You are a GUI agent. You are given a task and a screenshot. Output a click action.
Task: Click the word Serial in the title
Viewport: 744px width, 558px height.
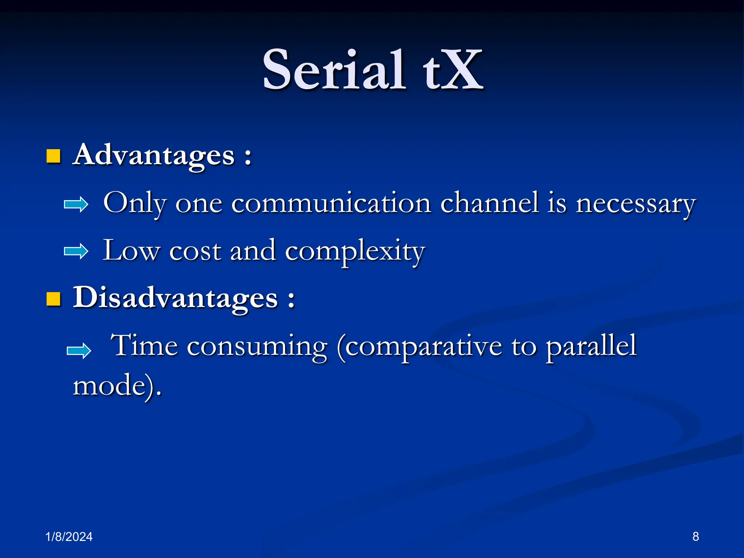coord(333,70)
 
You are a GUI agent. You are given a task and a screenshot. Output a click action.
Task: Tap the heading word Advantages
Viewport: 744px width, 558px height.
coord(154,155)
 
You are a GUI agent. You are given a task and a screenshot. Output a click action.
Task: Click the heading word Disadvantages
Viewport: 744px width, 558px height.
coord(175,298)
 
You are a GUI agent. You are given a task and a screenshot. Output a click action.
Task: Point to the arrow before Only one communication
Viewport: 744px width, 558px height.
coord(76,205)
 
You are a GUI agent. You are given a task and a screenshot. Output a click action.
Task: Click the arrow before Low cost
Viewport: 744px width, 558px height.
coord(76,251)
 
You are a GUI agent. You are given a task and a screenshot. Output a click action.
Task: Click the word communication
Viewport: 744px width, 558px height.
coord(331,203)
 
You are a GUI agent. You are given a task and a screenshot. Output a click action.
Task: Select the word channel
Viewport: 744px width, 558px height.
coord(489,203)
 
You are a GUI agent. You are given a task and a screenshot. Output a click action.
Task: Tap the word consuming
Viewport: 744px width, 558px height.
coord(257,346)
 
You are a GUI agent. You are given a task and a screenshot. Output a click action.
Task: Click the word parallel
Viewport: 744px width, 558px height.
coord(591,346)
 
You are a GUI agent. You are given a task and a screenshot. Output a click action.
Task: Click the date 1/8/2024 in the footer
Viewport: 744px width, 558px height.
coord(69,537)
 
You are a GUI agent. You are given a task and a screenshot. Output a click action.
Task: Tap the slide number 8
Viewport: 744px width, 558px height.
coord(695,536)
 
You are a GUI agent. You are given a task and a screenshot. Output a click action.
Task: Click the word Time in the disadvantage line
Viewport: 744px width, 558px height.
coord(144,345)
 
